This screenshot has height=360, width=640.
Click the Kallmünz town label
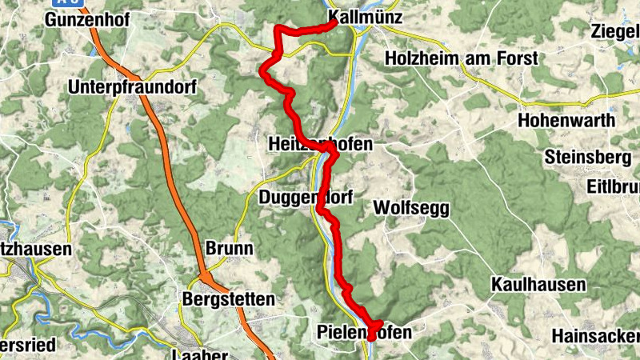coord(365,17)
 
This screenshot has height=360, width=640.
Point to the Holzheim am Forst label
coord(462,58)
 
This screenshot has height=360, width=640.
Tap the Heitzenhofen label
coord(320,144)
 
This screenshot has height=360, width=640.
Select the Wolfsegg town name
coord(412,209)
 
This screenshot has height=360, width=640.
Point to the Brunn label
coord(230,248)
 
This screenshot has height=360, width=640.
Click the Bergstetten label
coord(229,299)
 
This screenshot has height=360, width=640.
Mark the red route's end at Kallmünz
coord(333,23)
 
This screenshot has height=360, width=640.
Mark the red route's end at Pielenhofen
coord(372,338)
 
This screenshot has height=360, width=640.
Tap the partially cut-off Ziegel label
coord(614,31)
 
